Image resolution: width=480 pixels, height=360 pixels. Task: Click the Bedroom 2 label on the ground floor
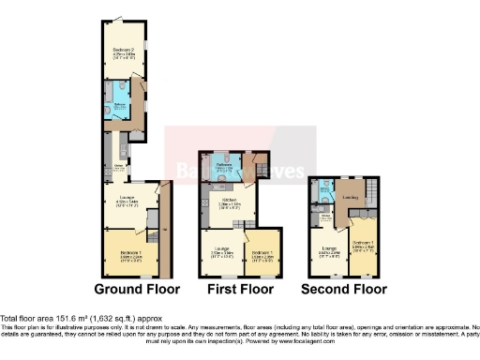pyautogui.click(x=126, y=50)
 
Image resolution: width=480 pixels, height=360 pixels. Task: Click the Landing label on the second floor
pyautogui.click(x=352, y=198)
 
